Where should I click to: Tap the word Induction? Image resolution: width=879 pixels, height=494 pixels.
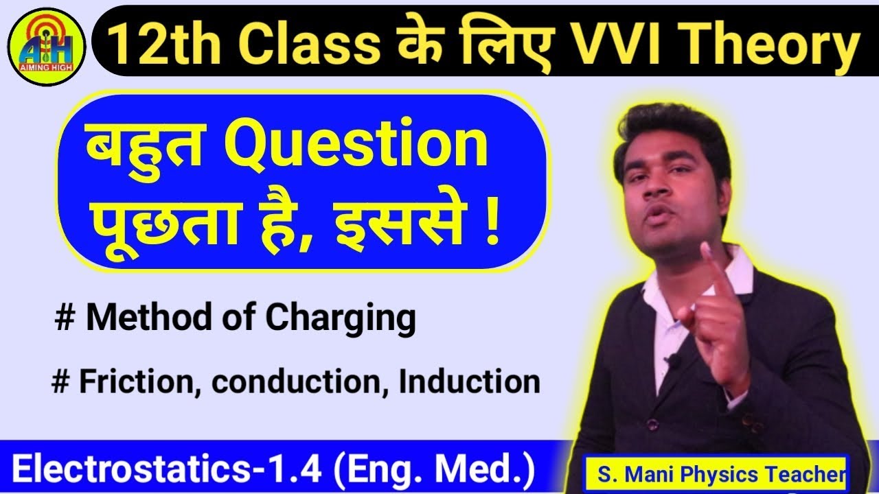pyautogui.click(x=470, y=381)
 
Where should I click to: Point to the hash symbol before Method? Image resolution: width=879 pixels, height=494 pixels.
pyautogui.click(x=66, y=320)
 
